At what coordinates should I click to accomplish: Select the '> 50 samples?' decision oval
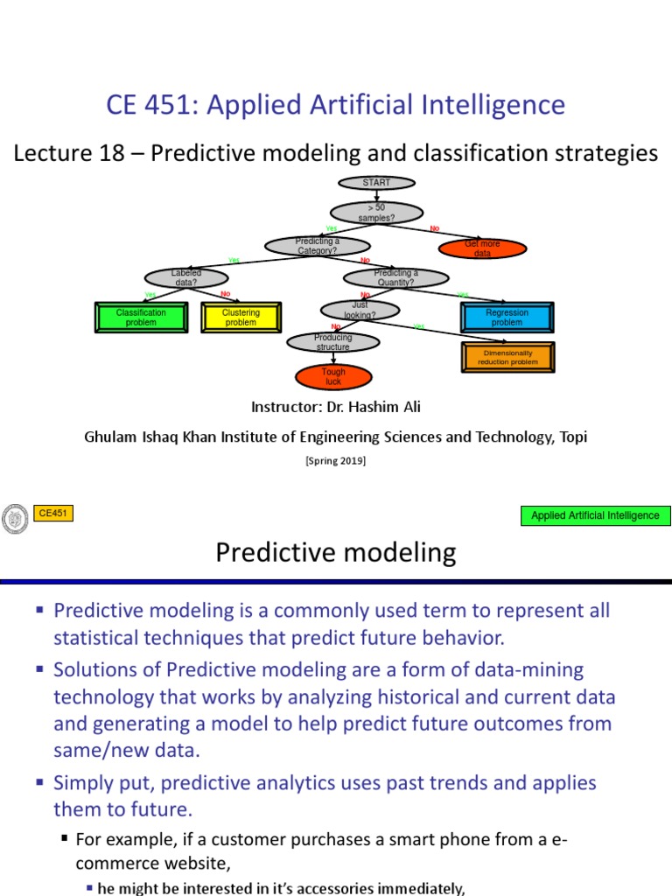tap(376, 212)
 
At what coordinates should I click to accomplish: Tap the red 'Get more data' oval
tap(482, 248)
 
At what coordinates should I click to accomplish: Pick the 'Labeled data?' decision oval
tap(185, 277)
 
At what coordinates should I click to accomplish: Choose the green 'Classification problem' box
tap(141, 317)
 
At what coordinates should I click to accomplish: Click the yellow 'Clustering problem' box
tap(241, 317)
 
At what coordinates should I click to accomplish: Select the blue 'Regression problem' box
tap(507, 317)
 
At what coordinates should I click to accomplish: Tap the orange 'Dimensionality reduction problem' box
tap(507, 357)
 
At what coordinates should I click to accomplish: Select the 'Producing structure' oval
tap(332, 342)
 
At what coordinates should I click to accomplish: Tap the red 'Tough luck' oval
tap(333, 376)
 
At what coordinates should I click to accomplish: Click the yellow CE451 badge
tap(53, 514)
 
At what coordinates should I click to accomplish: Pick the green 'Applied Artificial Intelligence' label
tap(595, 515)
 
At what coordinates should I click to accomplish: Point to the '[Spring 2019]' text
tap(335, 461)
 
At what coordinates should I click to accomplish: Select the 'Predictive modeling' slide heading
tap(335, 553)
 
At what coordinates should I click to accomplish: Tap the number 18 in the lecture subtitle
tap(129, 153)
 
